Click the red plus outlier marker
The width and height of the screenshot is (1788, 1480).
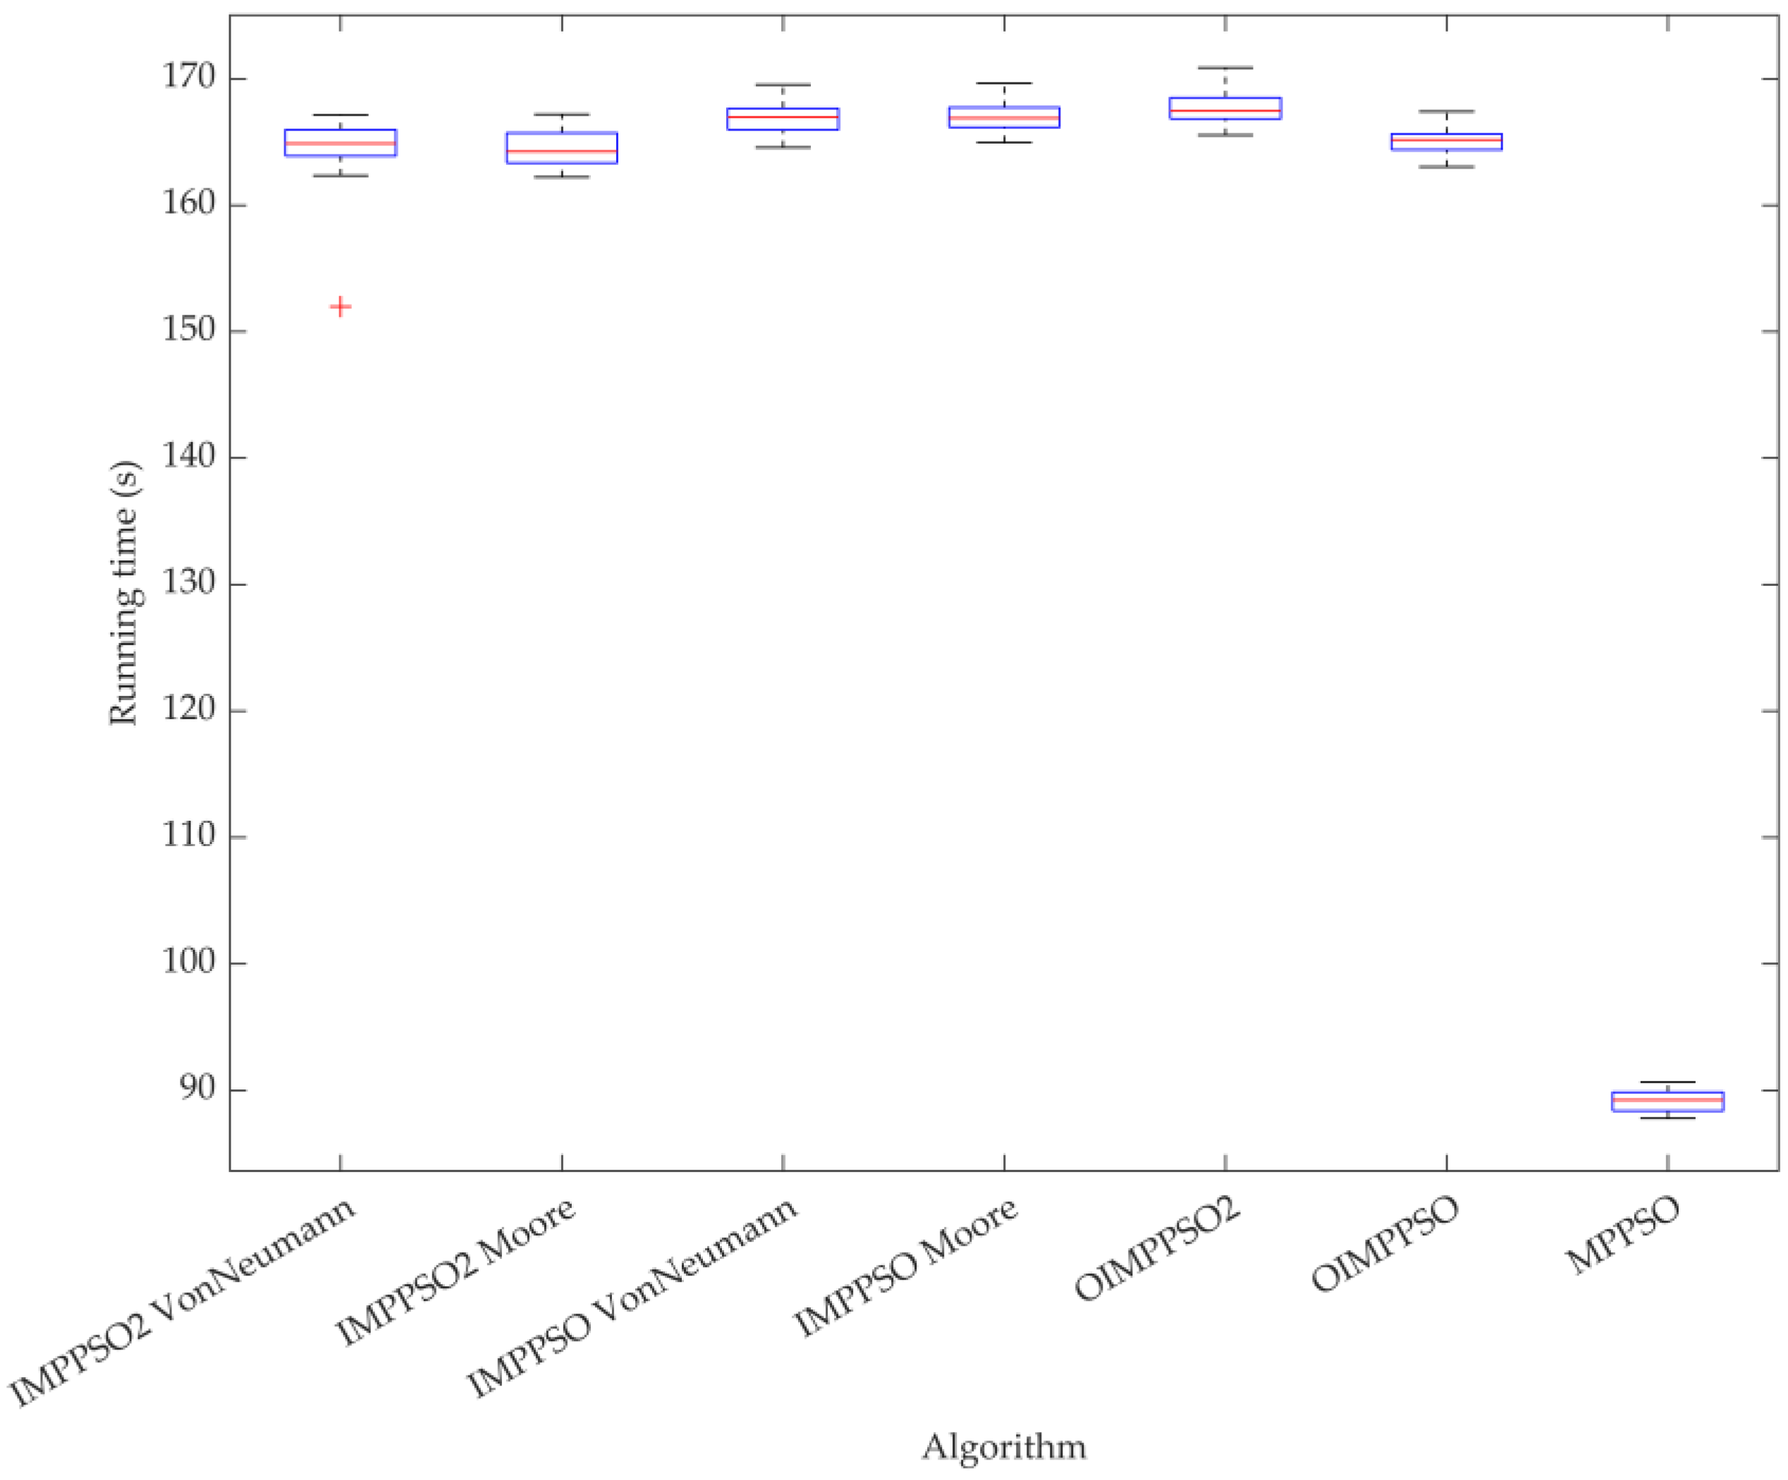(340, 307)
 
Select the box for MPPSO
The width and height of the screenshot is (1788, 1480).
(1667, 1101)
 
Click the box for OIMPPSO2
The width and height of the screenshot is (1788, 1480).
(1225, 108)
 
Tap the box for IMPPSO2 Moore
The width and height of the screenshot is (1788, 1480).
(561, 147)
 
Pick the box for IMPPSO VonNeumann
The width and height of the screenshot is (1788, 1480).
(783, 118)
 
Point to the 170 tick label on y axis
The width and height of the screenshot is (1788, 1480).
(188, 78)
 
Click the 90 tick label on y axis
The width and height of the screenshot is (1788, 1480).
(195, 1089)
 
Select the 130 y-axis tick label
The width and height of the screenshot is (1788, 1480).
(188, 584)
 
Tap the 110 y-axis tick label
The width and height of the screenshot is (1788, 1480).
(188, 837)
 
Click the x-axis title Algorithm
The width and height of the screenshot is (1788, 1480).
(1004, 1447)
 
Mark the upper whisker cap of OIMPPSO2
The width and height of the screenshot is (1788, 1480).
(1225, 67)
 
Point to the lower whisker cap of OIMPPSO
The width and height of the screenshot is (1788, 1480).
(1446, 167)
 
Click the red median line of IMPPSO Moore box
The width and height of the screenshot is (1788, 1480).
(1004, 118)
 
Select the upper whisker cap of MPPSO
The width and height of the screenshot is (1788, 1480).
(1667, 1082)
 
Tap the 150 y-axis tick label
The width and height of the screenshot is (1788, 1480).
(188, 331)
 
